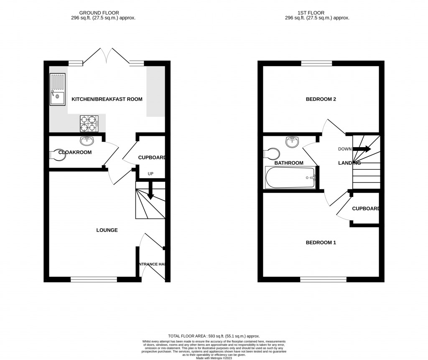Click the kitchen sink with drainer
pyautogui.click(x=57, y=89)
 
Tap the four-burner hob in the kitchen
pyautogui.click(x=89, y=122)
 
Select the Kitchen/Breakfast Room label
pyautogui.click(x=107, y=99)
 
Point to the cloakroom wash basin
pyautogui.click(x=87, y=141)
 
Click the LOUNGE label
pyautogui.click(x=107, y=230)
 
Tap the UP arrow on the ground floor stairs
pyautogui.click(x=150, y=190)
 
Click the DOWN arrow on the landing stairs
pyautogui.click(x=362, y=149)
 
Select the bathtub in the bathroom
pyautogui.click(x=291, y=178)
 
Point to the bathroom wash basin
pyautogui.click(x=292, y=142)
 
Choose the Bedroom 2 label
pyautogui.click(x=321, y=99)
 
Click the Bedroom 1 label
pyautogui.click(x=321, y=243)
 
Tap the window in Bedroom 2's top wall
pyautogui.click(x=316, y=64)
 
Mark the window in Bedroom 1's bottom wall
pyautogui.click(x=323, y=279)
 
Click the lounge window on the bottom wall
pyautogui.click(x=93, y=279)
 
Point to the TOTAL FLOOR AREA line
pyautogui.click(x=214, y=336)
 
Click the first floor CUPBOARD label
pyautogui.click(x=366, y=209)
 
